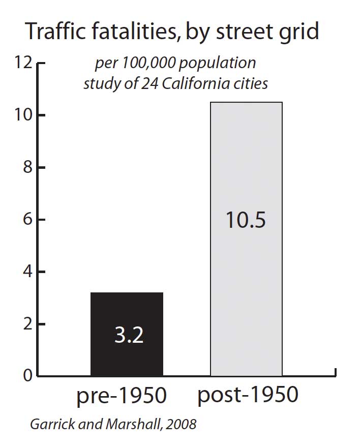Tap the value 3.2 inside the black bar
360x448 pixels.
128,336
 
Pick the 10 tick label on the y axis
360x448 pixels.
23,115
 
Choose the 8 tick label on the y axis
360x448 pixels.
27,168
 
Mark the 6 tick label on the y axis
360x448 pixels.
27,220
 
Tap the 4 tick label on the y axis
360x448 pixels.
27,272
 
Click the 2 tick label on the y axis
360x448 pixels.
27,324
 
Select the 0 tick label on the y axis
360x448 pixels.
27,376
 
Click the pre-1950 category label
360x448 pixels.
122,396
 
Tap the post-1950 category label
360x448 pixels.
248,396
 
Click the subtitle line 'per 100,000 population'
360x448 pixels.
175,64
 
